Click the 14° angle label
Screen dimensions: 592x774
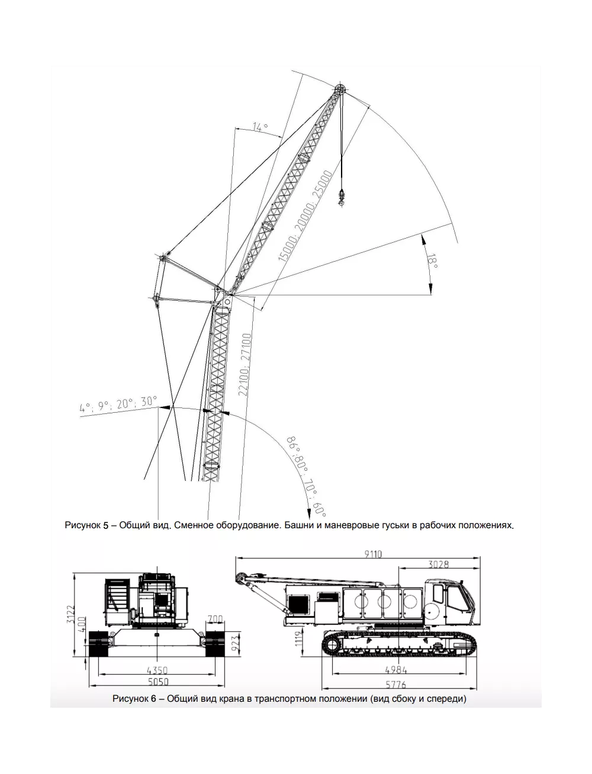point(260,127)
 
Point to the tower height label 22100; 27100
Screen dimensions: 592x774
point(245,365)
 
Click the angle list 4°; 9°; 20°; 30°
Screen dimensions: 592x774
point(118,404)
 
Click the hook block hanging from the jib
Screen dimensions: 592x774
point(341,197)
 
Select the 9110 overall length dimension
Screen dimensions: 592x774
point(373,554)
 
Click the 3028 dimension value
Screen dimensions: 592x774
point(439,564)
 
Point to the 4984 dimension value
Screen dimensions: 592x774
point(396,669)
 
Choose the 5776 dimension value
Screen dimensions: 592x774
point(396,685)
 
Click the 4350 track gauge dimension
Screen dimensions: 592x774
point(157,670)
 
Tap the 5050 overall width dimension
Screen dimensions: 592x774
point(158,682)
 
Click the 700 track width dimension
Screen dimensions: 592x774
point(215,619)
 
